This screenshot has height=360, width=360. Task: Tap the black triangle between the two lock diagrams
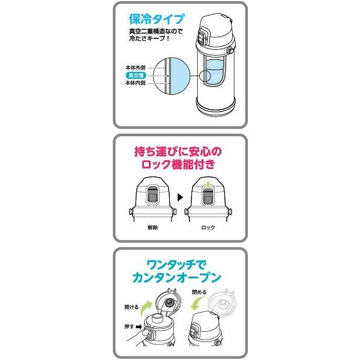point(179,197)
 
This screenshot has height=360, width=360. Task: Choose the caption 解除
point(152,229)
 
